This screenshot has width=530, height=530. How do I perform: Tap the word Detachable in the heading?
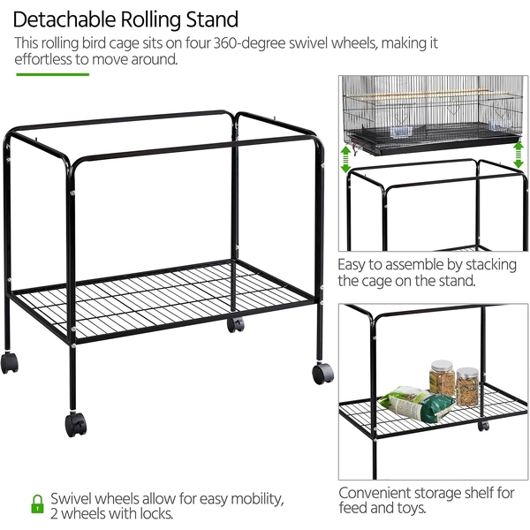coord(64,19)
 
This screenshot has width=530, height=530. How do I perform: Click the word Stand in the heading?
coord(212,19)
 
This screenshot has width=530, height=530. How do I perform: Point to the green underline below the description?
coord(53,74)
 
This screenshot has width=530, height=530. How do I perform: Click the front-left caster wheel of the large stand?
coord(76,424)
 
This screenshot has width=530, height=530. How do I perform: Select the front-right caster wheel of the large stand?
coord(322,373)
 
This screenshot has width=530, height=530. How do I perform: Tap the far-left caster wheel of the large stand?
coord(10,363)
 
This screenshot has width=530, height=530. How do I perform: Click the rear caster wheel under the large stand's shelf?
coord(236,325)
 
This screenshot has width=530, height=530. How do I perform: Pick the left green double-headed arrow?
coord(345,159)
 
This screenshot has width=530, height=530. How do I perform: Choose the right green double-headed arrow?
coord(519,155)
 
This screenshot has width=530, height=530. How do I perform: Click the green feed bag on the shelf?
coord(417,404)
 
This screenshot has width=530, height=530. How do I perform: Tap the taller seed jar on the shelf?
coord(442,377)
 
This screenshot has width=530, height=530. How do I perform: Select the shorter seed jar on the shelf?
coord(467,387)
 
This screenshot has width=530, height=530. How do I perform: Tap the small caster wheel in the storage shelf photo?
coord(484,426)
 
